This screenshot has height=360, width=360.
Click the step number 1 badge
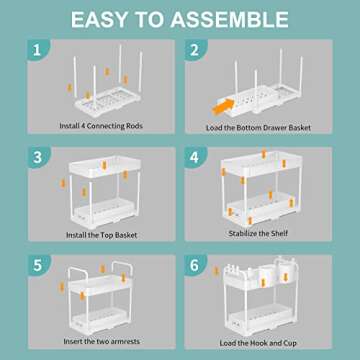tap(37, 49)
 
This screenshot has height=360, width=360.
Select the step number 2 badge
tap(194, 49)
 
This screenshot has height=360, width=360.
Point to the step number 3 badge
tap(37, 156)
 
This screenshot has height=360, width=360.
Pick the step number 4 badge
tap(194, 156)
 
